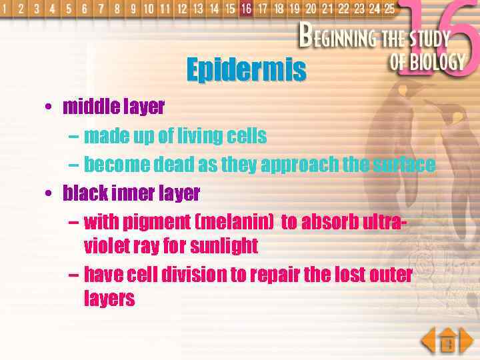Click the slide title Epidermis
246,69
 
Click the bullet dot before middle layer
50,107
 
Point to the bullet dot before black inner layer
50,194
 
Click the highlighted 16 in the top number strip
246,9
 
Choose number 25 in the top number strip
389,9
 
